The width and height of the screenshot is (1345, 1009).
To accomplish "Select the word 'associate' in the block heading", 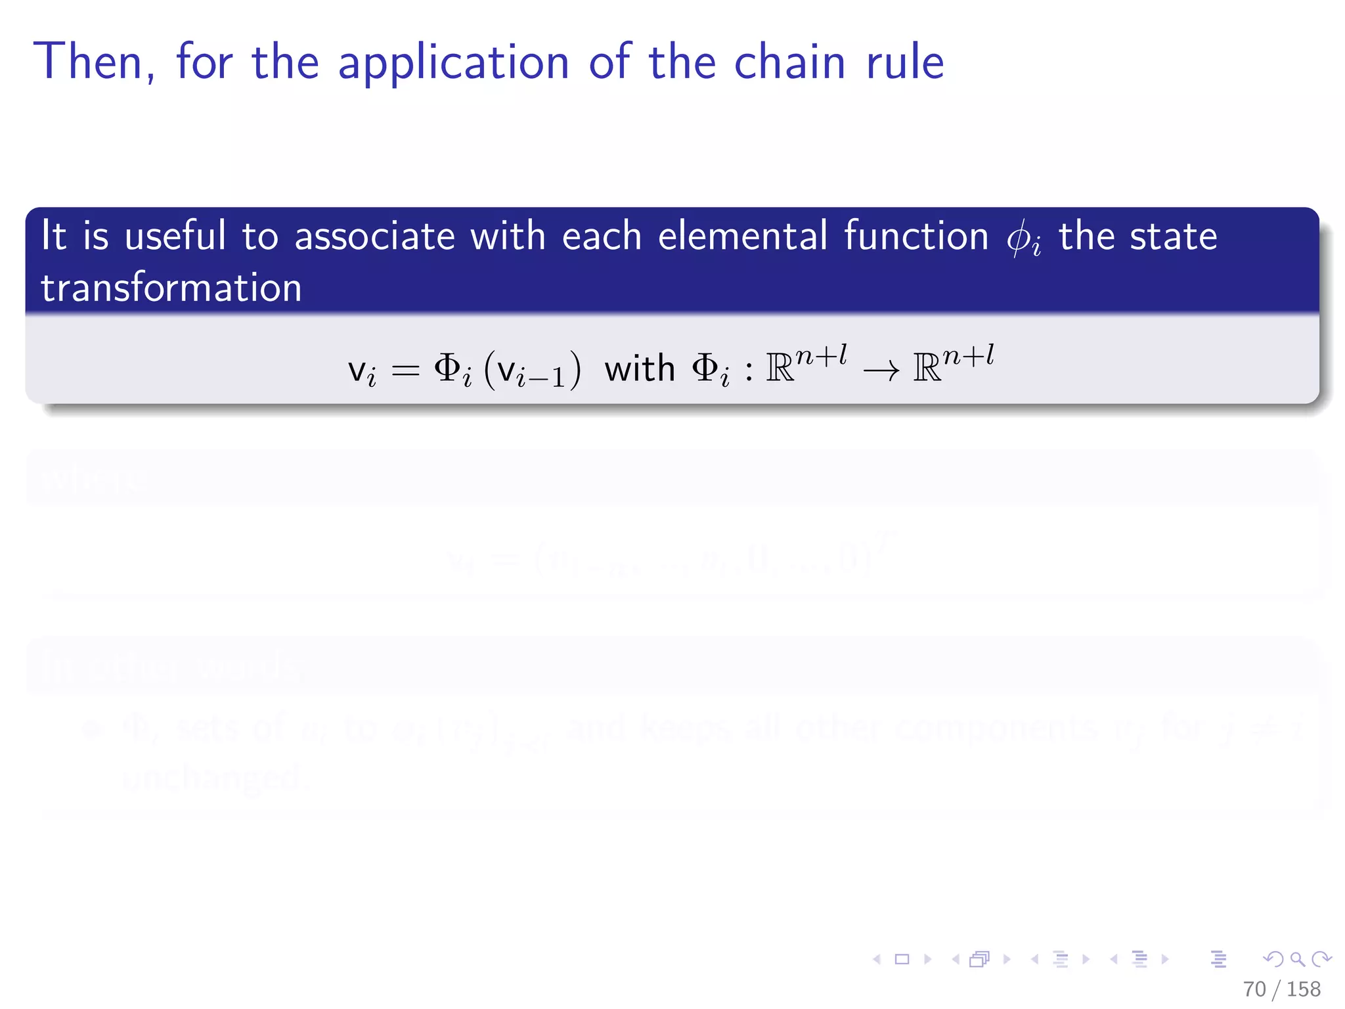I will pos(374,236).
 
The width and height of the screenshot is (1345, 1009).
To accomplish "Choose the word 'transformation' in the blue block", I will pos(171,288).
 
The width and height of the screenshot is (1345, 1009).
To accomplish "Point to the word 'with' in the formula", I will pos(640,369).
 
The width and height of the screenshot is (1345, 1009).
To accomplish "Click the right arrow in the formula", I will pos(881,372).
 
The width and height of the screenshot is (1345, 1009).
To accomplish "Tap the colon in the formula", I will pos(749,372).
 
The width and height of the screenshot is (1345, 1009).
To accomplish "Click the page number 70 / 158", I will pos(1281,989).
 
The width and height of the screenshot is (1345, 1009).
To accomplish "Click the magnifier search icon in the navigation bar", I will pos(1297,959).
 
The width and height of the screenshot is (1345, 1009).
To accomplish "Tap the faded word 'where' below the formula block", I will pos(93,480).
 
